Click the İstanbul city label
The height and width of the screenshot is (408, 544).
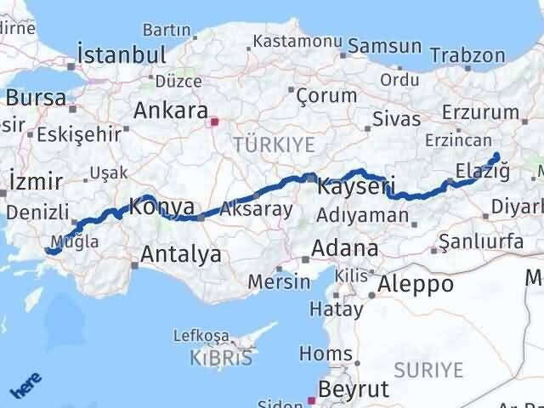pos(122,54)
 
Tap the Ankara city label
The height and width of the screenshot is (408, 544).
pos(171,112)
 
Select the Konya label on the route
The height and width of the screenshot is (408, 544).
pos(161,207)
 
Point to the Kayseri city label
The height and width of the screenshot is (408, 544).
pos(356,184)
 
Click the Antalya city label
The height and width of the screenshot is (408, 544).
pos(181,253)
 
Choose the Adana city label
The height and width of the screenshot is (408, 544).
pos(344,249)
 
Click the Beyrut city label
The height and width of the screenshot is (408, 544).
pos(353,389)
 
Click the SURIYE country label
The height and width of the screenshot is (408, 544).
pos(429,370)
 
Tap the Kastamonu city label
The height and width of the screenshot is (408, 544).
pos(284,41)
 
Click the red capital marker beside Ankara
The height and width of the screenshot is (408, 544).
pos(215,121)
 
